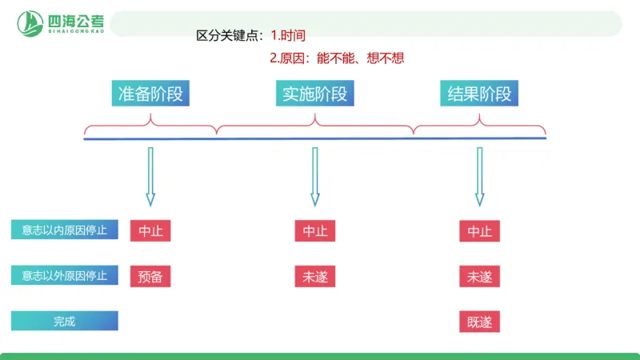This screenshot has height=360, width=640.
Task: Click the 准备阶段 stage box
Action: pyautogui.click(x=150, y=94)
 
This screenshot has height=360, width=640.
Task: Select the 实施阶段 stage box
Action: pyautogui.click(x=314, y=94)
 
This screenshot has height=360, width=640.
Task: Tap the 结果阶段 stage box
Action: pyautogui.click(x=479, y=94)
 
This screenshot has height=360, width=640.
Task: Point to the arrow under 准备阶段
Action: pyautogui.click(x=150, y=176)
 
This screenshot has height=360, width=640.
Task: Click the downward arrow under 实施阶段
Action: pyautogui.click(x=314, y=176)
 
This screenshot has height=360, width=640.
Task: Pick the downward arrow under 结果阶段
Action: pyautogui.click(x=479, y=176)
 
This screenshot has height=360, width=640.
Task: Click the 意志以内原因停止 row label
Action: pyautogui.click(x=65, y=230)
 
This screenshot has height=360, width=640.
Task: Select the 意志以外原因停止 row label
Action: pyautogui.click(x=65, y=276)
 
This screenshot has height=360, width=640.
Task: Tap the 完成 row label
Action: pyautogui.click(x=65, y=321)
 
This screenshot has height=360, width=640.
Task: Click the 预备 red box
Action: pyautogui.click(x=150, y=277)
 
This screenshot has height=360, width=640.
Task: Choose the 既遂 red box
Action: pyautogui.click(x=480, y=322)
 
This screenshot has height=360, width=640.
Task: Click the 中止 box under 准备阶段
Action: pyautogui.click(x=150, y=231)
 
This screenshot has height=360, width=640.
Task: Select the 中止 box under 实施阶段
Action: pyautogui.click(x=314, y=231)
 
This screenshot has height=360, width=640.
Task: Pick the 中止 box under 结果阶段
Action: pyautogui.click(x=480, y=231)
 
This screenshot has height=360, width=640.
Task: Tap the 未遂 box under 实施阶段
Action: pyautogui.click(x=314, y=277)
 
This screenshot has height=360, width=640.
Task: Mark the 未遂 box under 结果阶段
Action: pyautogui.click(x=480, y=277)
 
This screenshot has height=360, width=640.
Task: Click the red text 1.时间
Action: pyautogui.click(x=288, y=35)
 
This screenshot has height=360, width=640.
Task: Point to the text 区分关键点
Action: pyautogui.click(x=230, y=35)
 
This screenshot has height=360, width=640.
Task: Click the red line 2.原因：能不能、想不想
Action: pyautogui.click(x=343, y=58)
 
